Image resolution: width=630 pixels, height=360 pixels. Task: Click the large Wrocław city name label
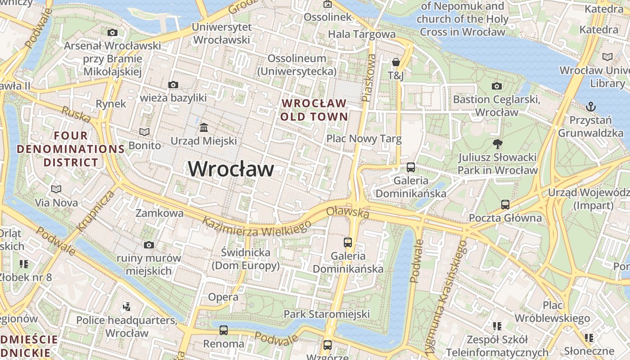click(231, 169)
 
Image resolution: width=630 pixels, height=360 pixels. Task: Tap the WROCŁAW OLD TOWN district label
click(314, 110)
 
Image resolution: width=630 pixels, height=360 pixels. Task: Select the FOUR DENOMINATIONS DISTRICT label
click(71, 149)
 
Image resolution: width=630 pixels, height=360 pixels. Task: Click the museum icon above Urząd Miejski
click(204, 128)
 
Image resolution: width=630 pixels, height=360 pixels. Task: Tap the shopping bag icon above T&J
click(396, 62)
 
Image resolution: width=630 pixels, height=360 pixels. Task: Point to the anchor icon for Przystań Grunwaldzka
click(590, 107)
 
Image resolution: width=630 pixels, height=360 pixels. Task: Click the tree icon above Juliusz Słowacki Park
click(497, 144)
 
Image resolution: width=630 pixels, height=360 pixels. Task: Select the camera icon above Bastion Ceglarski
click(497, 86)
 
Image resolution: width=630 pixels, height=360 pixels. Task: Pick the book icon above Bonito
click(144, 132)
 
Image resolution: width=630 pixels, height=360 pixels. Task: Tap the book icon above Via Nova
click(56, 189)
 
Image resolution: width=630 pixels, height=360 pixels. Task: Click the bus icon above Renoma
click(224, 330)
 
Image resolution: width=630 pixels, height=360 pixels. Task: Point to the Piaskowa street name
click(369, 78)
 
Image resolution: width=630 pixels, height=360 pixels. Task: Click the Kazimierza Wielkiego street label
click(256, 227)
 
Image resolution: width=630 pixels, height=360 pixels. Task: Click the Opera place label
click(223, 297)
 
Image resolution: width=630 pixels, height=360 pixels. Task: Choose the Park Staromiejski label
click(327, 314)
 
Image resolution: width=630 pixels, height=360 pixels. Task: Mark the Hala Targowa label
click(362, 34)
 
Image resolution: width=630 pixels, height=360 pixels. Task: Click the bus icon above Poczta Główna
click(505, 205)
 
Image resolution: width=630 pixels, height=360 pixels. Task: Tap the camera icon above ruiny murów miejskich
click(149, 245)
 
